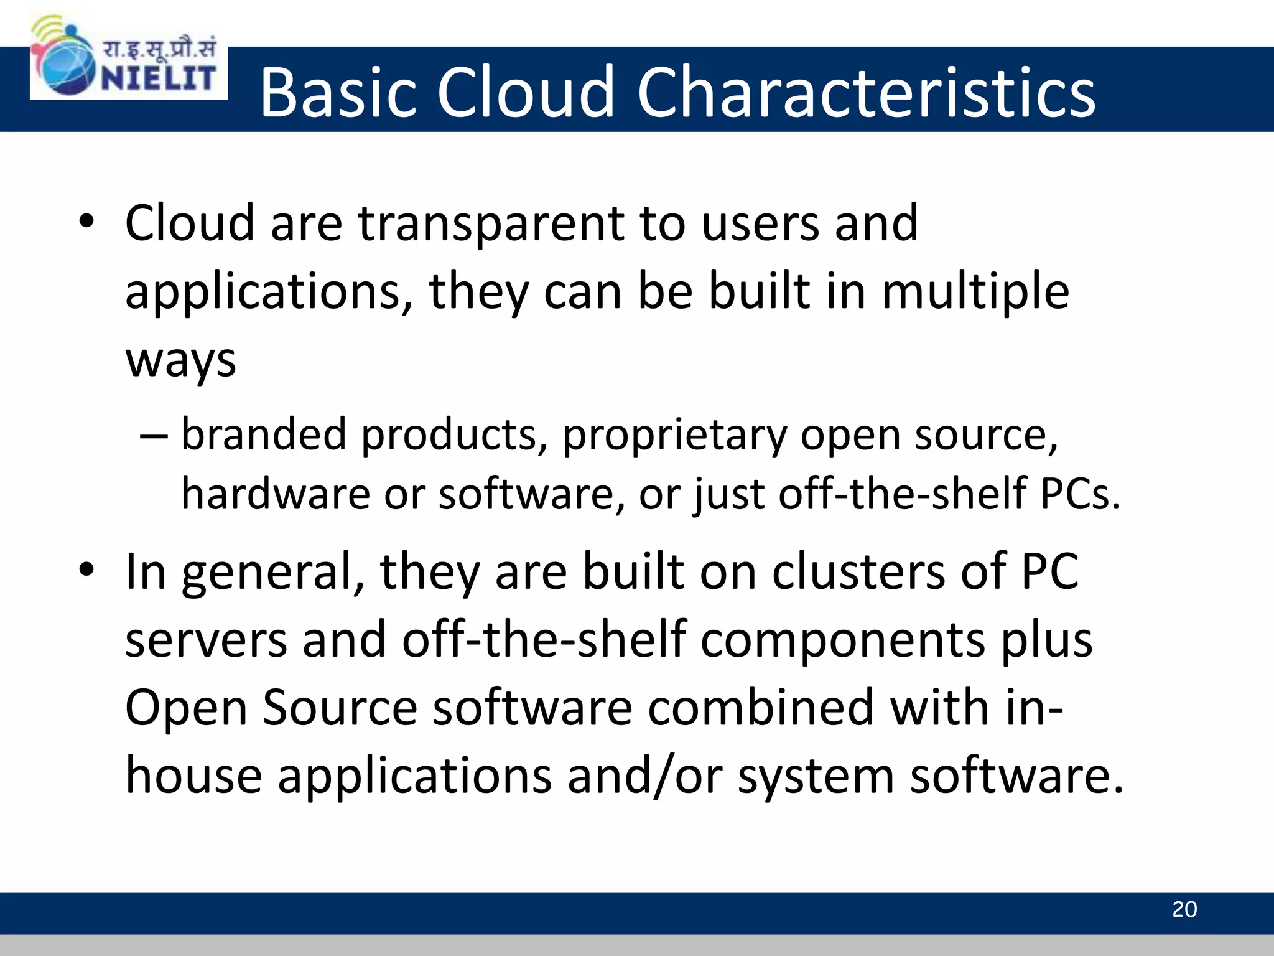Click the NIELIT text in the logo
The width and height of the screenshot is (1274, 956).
pyautogui.click(x=159, y=78)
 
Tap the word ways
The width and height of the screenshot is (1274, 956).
pyautogui.click(x=180, y=361)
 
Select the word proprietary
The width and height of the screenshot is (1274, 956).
pyautogui.click(x=674, y=436)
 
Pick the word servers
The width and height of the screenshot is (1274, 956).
pyautogui.click(x=206, y=640)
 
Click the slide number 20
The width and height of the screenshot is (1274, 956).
pyautogui.click(x=1184, y=909)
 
